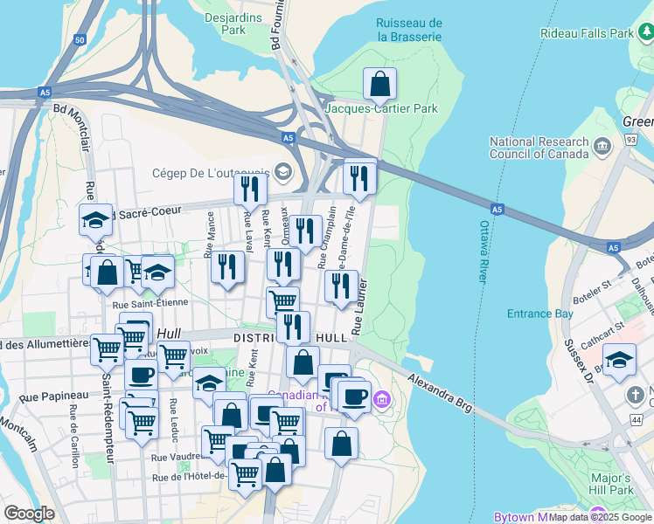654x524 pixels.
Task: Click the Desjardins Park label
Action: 226,23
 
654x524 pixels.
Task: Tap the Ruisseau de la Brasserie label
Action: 408,30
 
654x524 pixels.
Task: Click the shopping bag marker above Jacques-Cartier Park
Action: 380,85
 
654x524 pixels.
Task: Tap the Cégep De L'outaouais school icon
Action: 282,170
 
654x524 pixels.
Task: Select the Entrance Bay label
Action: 540,314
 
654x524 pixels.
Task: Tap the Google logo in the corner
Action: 29,513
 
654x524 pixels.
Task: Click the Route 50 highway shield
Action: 80,40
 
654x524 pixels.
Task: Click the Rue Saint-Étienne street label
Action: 144,305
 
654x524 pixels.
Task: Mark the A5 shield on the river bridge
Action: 497,210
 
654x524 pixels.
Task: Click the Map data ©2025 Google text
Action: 601,517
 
